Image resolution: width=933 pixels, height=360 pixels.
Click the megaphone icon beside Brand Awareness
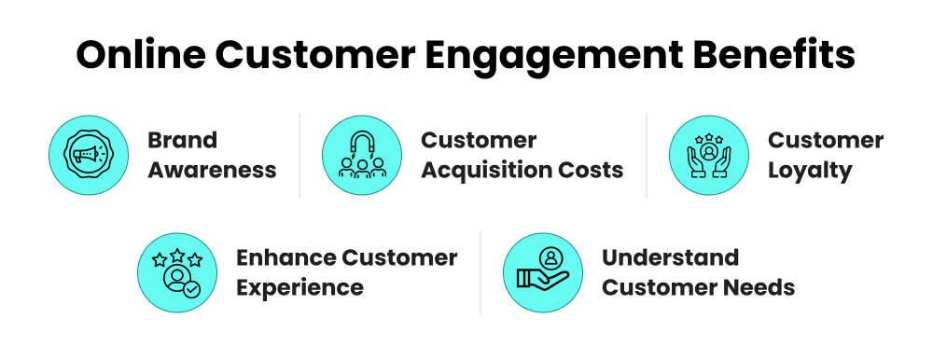pos(88,155)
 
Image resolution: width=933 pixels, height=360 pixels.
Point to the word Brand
pos(182,141)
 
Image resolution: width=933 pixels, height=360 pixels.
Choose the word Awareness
pos(212,170)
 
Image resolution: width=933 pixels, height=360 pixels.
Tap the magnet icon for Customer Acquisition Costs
pos(362,155)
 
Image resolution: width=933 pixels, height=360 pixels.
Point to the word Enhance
pos(283,257)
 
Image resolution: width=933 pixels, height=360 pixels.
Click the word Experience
pos(299,287)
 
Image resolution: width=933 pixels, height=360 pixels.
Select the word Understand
pos(670,257)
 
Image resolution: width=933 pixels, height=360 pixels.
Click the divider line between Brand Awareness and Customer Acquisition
pos(299,155)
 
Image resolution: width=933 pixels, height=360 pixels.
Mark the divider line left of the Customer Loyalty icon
pos(647,155)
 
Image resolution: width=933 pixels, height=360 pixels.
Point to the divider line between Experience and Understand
pos(480,272)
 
